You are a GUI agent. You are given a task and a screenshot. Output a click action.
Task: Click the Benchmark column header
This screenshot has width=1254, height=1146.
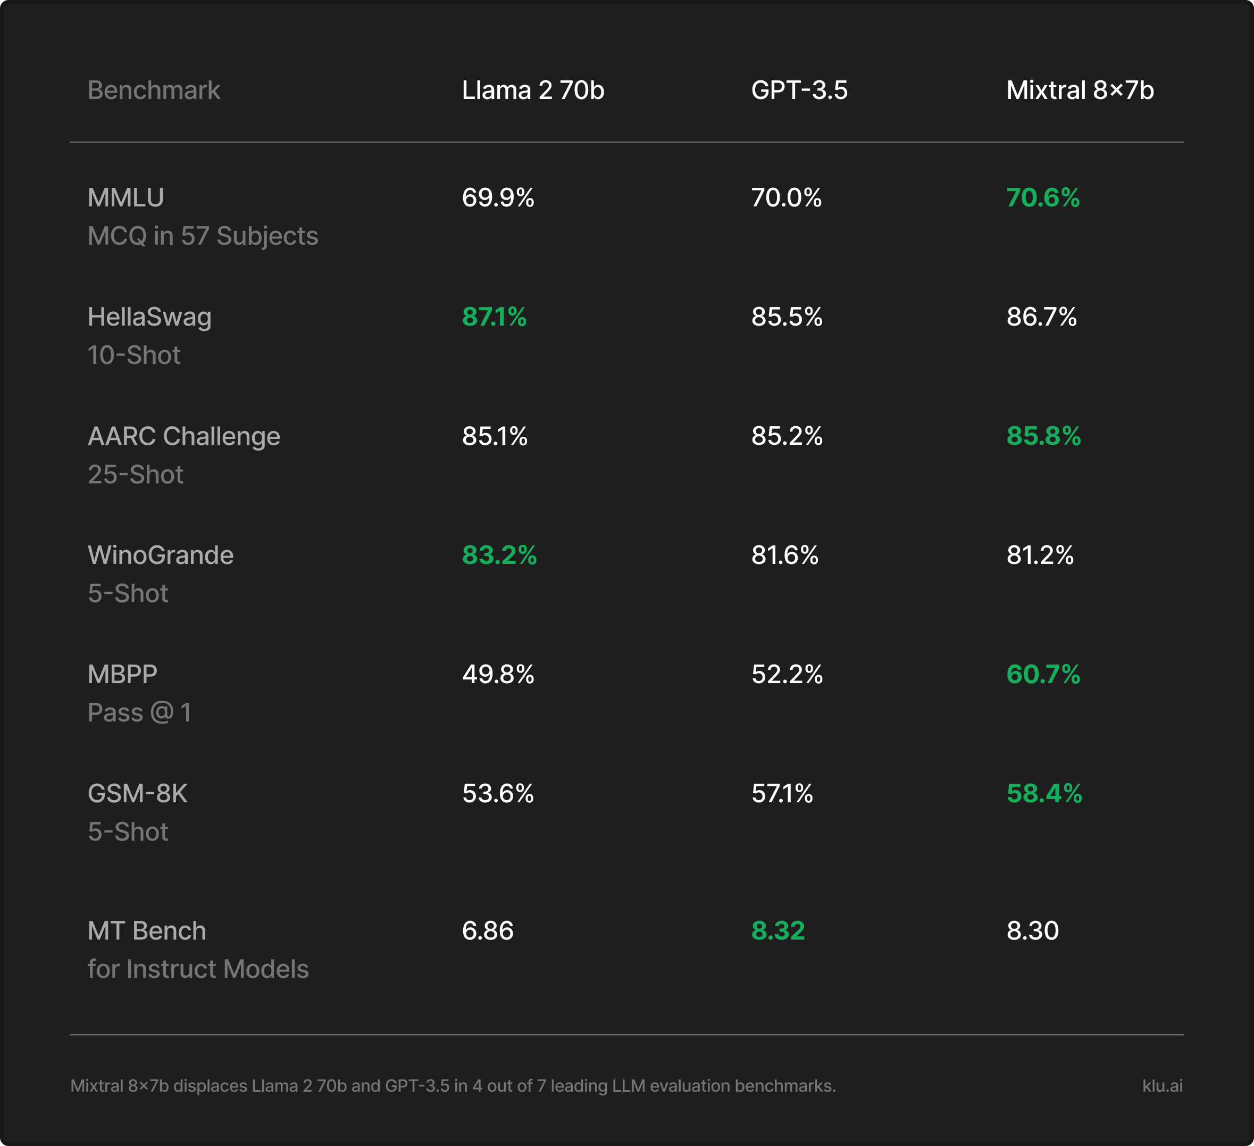154,90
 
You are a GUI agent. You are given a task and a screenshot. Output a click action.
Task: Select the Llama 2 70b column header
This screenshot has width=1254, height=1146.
533,90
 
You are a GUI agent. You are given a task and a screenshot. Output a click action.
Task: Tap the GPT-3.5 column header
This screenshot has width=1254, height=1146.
799,90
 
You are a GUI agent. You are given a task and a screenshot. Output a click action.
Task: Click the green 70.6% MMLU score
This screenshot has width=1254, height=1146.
1043,198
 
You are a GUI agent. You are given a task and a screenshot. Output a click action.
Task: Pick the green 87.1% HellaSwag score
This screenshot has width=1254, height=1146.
495,317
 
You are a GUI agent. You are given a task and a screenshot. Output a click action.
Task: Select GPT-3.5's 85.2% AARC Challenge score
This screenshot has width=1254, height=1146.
787,436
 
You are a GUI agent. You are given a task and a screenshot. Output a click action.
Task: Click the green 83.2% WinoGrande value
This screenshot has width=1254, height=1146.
499,555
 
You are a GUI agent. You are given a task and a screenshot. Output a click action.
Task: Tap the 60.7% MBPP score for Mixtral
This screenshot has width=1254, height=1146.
1043,675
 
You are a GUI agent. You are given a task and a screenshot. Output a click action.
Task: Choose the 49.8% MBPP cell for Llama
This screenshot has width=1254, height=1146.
498,675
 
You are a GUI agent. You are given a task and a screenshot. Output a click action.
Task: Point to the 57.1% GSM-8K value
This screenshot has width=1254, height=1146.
782,793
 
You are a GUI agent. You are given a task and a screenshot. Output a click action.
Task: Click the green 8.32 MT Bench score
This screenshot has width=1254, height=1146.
778,931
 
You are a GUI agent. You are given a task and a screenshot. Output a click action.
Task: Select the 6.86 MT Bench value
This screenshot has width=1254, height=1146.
488,931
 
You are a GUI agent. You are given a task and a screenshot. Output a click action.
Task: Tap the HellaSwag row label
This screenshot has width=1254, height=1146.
149,317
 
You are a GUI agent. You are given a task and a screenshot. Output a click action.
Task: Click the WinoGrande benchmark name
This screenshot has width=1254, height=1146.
161,555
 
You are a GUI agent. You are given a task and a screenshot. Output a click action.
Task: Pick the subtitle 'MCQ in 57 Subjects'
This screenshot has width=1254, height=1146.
203,236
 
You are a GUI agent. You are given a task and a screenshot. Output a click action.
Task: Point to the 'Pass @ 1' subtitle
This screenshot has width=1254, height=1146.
139,713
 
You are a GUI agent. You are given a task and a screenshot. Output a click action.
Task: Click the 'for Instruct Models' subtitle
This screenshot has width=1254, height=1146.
198,969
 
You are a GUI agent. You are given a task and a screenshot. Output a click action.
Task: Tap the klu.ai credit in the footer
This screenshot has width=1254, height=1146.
1163,1086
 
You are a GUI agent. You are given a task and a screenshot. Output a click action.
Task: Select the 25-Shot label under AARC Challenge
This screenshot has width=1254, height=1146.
136,475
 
